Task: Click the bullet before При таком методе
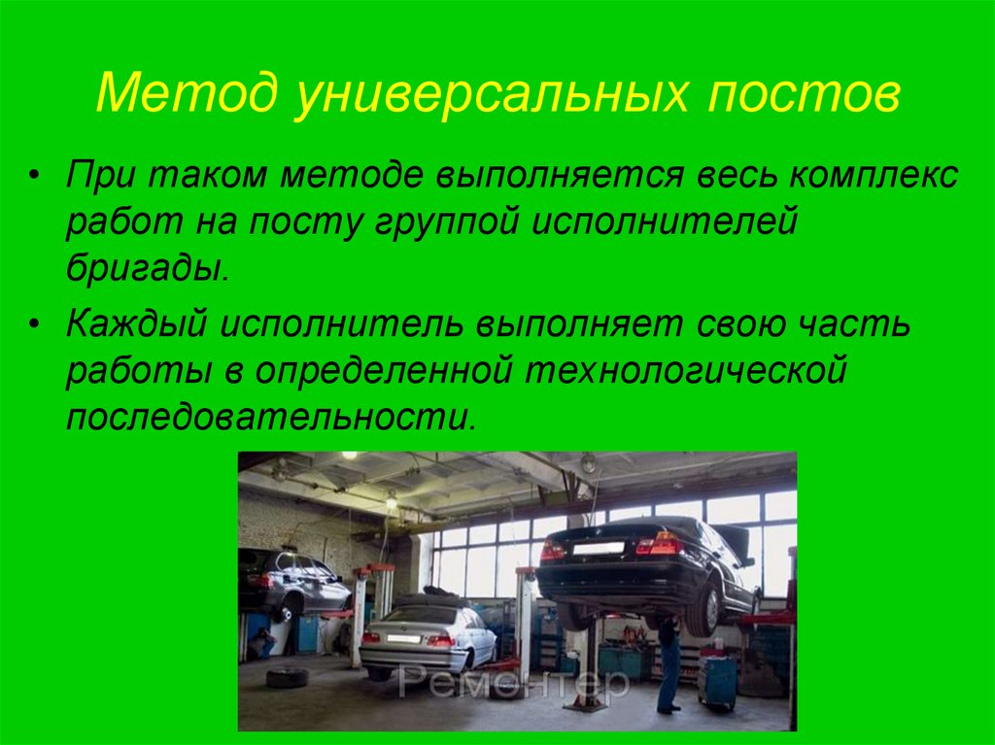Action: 36,178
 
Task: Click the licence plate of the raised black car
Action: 598,548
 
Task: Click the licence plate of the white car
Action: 402,638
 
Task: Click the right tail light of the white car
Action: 439,641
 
